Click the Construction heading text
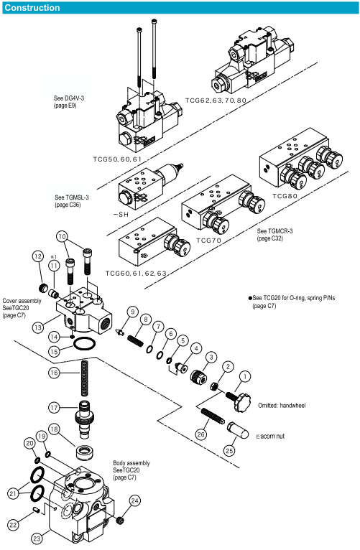click(32, 8)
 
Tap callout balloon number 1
click(244, 377)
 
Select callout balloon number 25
click(229, 450)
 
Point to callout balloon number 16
click(54, 372)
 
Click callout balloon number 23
click(37, 538)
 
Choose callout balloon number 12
click(38, 256)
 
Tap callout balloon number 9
click(133, 312)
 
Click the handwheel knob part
click(239, 401)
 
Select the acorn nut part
click(238, 430)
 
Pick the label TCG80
click(285, 196)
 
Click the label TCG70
click(208, 241)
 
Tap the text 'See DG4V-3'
click(69, 98)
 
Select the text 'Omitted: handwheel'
click(282, 405)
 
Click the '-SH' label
click(121, 214)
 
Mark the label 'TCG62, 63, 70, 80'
click(216, 101)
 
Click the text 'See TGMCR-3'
click(274, 230)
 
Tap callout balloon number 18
click(54, 429)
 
